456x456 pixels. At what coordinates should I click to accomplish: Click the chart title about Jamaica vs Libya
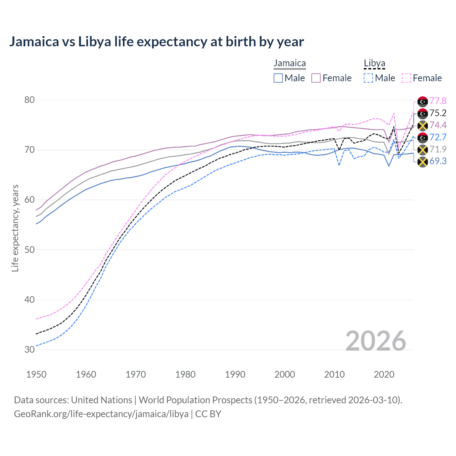tap(156, 42)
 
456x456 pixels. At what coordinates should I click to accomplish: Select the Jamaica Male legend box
tap(278, 78)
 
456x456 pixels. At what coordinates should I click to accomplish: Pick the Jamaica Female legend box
tap(316, 78)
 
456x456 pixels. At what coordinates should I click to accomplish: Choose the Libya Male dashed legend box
tap(368, 78)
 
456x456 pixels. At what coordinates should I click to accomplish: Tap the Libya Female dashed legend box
tap(406, 78)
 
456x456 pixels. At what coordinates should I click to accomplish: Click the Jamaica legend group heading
tap(290, 63)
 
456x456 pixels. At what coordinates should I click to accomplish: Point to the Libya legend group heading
tap(374, 63)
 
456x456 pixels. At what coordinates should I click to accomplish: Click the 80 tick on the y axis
tap(30, 100)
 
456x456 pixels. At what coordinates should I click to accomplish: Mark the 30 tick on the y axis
tap(30, 349)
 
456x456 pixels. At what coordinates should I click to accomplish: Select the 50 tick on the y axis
tap(30, 250)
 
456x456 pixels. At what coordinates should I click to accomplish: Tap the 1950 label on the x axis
tap(36, 374)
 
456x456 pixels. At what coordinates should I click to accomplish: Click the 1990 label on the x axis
tap(235, 374)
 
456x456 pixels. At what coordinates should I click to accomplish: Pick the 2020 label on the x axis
tap(384, 374)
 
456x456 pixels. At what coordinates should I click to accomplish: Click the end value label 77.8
tap(438, 101)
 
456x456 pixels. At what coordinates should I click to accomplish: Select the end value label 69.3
tap(438, 161)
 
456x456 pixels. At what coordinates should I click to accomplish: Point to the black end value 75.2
tap(438, 113)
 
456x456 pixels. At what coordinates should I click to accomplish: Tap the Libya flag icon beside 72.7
tap(423, 138)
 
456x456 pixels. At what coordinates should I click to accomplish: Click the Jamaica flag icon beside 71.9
tap(423, 150)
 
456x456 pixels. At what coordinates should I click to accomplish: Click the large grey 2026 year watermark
tap(376, 341)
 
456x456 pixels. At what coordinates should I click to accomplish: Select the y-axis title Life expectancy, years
tap(15, 228)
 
